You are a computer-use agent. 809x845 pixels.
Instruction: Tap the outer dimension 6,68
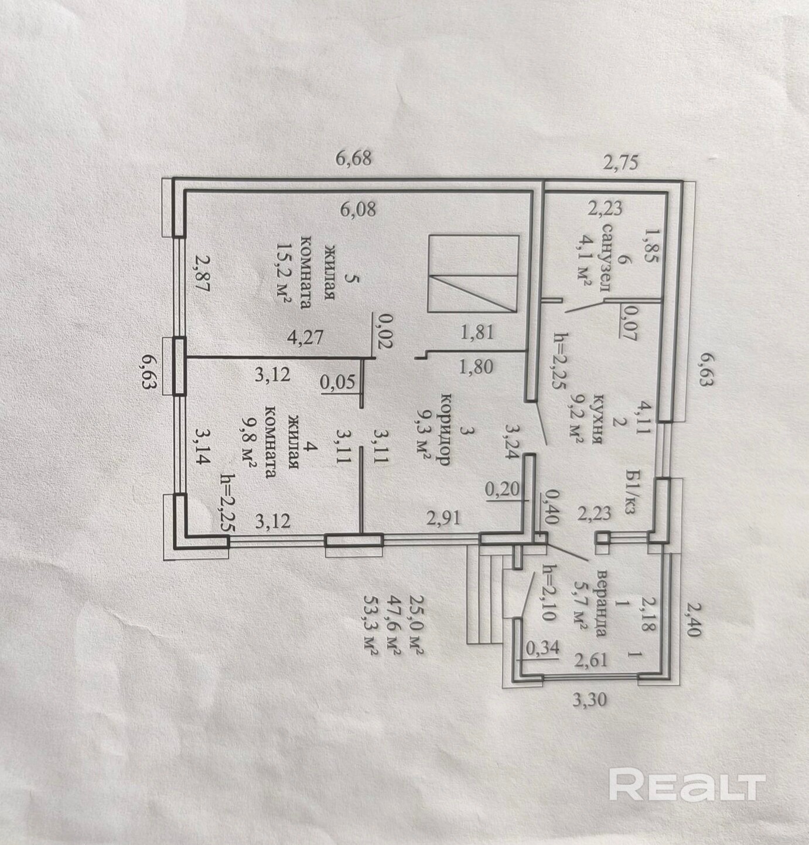354,158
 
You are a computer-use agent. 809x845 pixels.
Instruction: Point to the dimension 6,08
357,210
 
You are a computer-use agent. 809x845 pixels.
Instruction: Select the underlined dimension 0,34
542,648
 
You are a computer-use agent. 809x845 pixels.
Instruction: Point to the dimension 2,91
443,518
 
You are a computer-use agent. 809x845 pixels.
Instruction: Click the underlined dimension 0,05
337,382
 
